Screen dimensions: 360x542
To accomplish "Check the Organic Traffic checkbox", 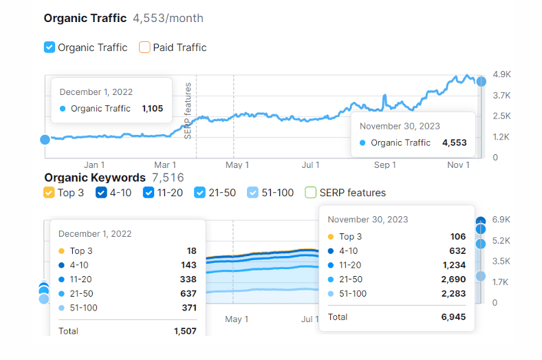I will [x=50, y=47].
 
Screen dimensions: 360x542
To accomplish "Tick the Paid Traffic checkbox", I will [x=144, y=47].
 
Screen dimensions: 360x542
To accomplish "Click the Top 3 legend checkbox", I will [x=49, y=193].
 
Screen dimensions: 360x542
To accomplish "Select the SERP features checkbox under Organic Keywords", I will [x=310, y=193].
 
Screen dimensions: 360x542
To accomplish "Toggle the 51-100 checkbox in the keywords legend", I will [x=252, y=193].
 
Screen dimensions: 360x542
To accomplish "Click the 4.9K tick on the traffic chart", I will [x=501, y=74].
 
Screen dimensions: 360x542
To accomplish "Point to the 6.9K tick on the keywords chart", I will [x=501, y=220].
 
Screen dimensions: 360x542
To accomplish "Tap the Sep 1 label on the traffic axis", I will [x=385, y=165].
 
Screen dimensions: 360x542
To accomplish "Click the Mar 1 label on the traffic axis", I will [x=165, y=165].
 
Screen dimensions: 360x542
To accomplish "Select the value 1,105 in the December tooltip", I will [x=152, y=108].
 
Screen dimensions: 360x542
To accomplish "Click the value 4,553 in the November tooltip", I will [x=454, y=142].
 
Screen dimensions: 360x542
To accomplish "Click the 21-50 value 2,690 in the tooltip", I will [x=453, y=279].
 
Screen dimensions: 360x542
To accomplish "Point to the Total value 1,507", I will [x=185, y=331].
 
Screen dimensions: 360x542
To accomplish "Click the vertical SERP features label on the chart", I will [x=188, y=110].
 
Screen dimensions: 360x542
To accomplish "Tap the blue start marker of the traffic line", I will [x=45, y=139].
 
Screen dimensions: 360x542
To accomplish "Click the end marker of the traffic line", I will [x=481, y=81].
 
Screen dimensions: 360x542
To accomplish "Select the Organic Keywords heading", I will [x=95, y=178].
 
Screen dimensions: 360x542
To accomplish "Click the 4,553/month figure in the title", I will [x=168, y=18].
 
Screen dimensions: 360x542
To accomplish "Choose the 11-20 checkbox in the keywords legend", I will [x=149, y=193].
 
